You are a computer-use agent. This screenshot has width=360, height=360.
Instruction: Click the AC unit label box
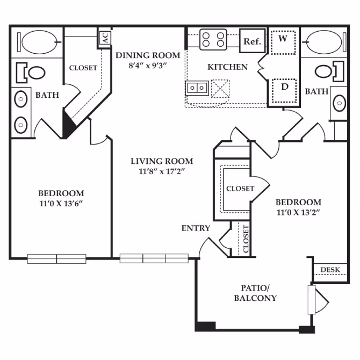click(x=105, y=38)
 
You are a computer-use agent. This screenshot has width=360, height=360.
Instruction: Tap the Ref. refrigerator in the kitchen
click(x=252, y=41)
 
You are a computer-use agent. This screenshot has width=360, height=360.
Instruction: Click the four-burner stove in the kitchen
click(x=213, y=40)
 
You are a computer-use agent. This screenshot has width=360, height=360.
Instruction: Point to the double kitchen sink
click(x=196, y=87)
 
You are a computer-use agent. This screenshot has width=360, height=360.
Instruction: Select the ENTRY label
click(x=196, y=228)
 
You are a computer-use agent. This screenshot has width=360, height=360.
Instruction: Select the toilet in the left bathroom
click(x=33, y=71)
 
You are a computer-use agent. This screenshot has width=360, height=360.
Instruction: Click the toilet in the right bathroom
click(x=327, y=71)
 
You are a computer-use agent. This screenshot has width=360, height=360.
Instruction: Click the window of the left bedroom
click(x=56, y=258)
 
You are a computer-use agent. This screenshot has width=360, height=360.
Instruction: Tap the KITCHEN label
click(x=227, y=67)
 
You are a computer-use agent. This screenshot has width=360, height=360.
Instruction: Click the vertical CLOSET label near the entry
click(x=246, y=239)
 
